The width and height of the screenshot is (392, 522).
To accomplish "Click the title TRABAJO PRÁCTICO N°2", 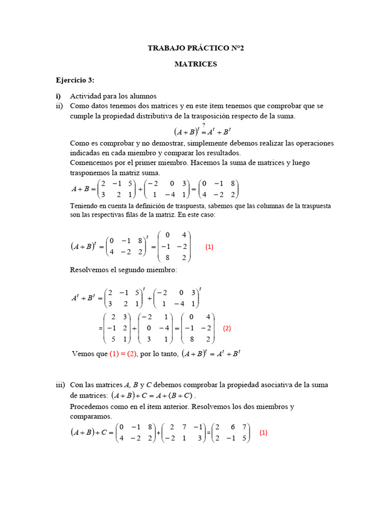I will [x=195, y=48].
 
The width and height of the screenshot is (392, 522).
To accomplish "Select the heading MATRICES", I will [x=195, y=64].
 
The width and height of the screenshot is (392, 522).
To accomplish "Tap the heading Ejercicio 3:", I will [x=75, y=81].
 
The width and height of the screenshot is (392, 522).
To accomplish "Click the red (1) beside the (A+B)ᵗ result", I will [x=209, y=246].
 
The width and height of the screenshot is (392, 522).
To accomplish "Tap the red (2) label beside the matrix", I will [x=227, y=328].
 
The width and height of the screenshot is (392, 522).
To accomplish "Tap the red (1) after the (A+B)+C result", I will [x=263, y=432].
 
